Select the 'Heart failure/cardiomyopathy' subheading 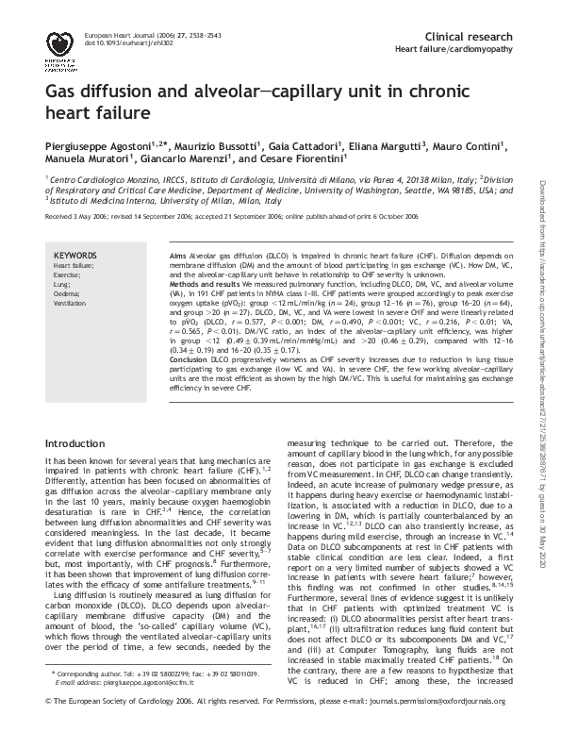point(454,47)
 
